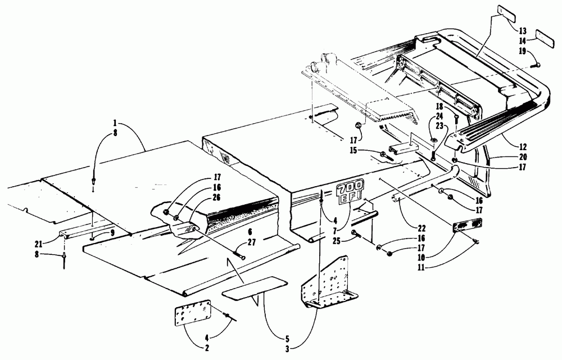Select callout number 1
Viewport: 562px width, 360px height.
click(115, 123)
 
